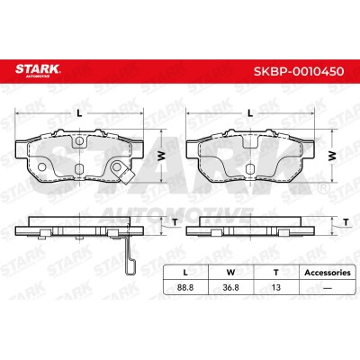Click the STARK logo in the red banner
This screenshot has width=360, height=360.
pyautogui.click(x=38, y=70)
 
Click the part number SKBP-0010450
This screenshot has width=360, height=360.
pyautogui.click(x=299, y=71)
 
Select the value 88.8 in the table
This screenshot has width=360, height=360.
pyautogui.click(x=185, y=287)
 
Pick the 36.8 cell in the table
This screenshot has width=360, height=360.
pyautogui.click(x=230, y=287)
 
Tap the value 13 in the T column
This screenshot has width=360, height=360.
pyautogui.click(x=275, y=287)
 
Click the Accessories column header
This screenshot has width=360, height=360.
pyautogui.click(x=328, y=273)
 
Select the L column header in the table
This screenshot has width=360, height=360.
pyautogui.click(x=185, y=273)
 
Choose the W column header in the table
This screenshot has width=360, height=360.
pyautogui.click(x=230, y=273)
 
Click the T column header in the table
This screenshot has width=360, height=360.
pyautogui.click(x=276, y=273)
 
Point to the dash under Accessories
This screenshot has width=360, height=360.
pyautogui.click(x=328, y=288)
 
